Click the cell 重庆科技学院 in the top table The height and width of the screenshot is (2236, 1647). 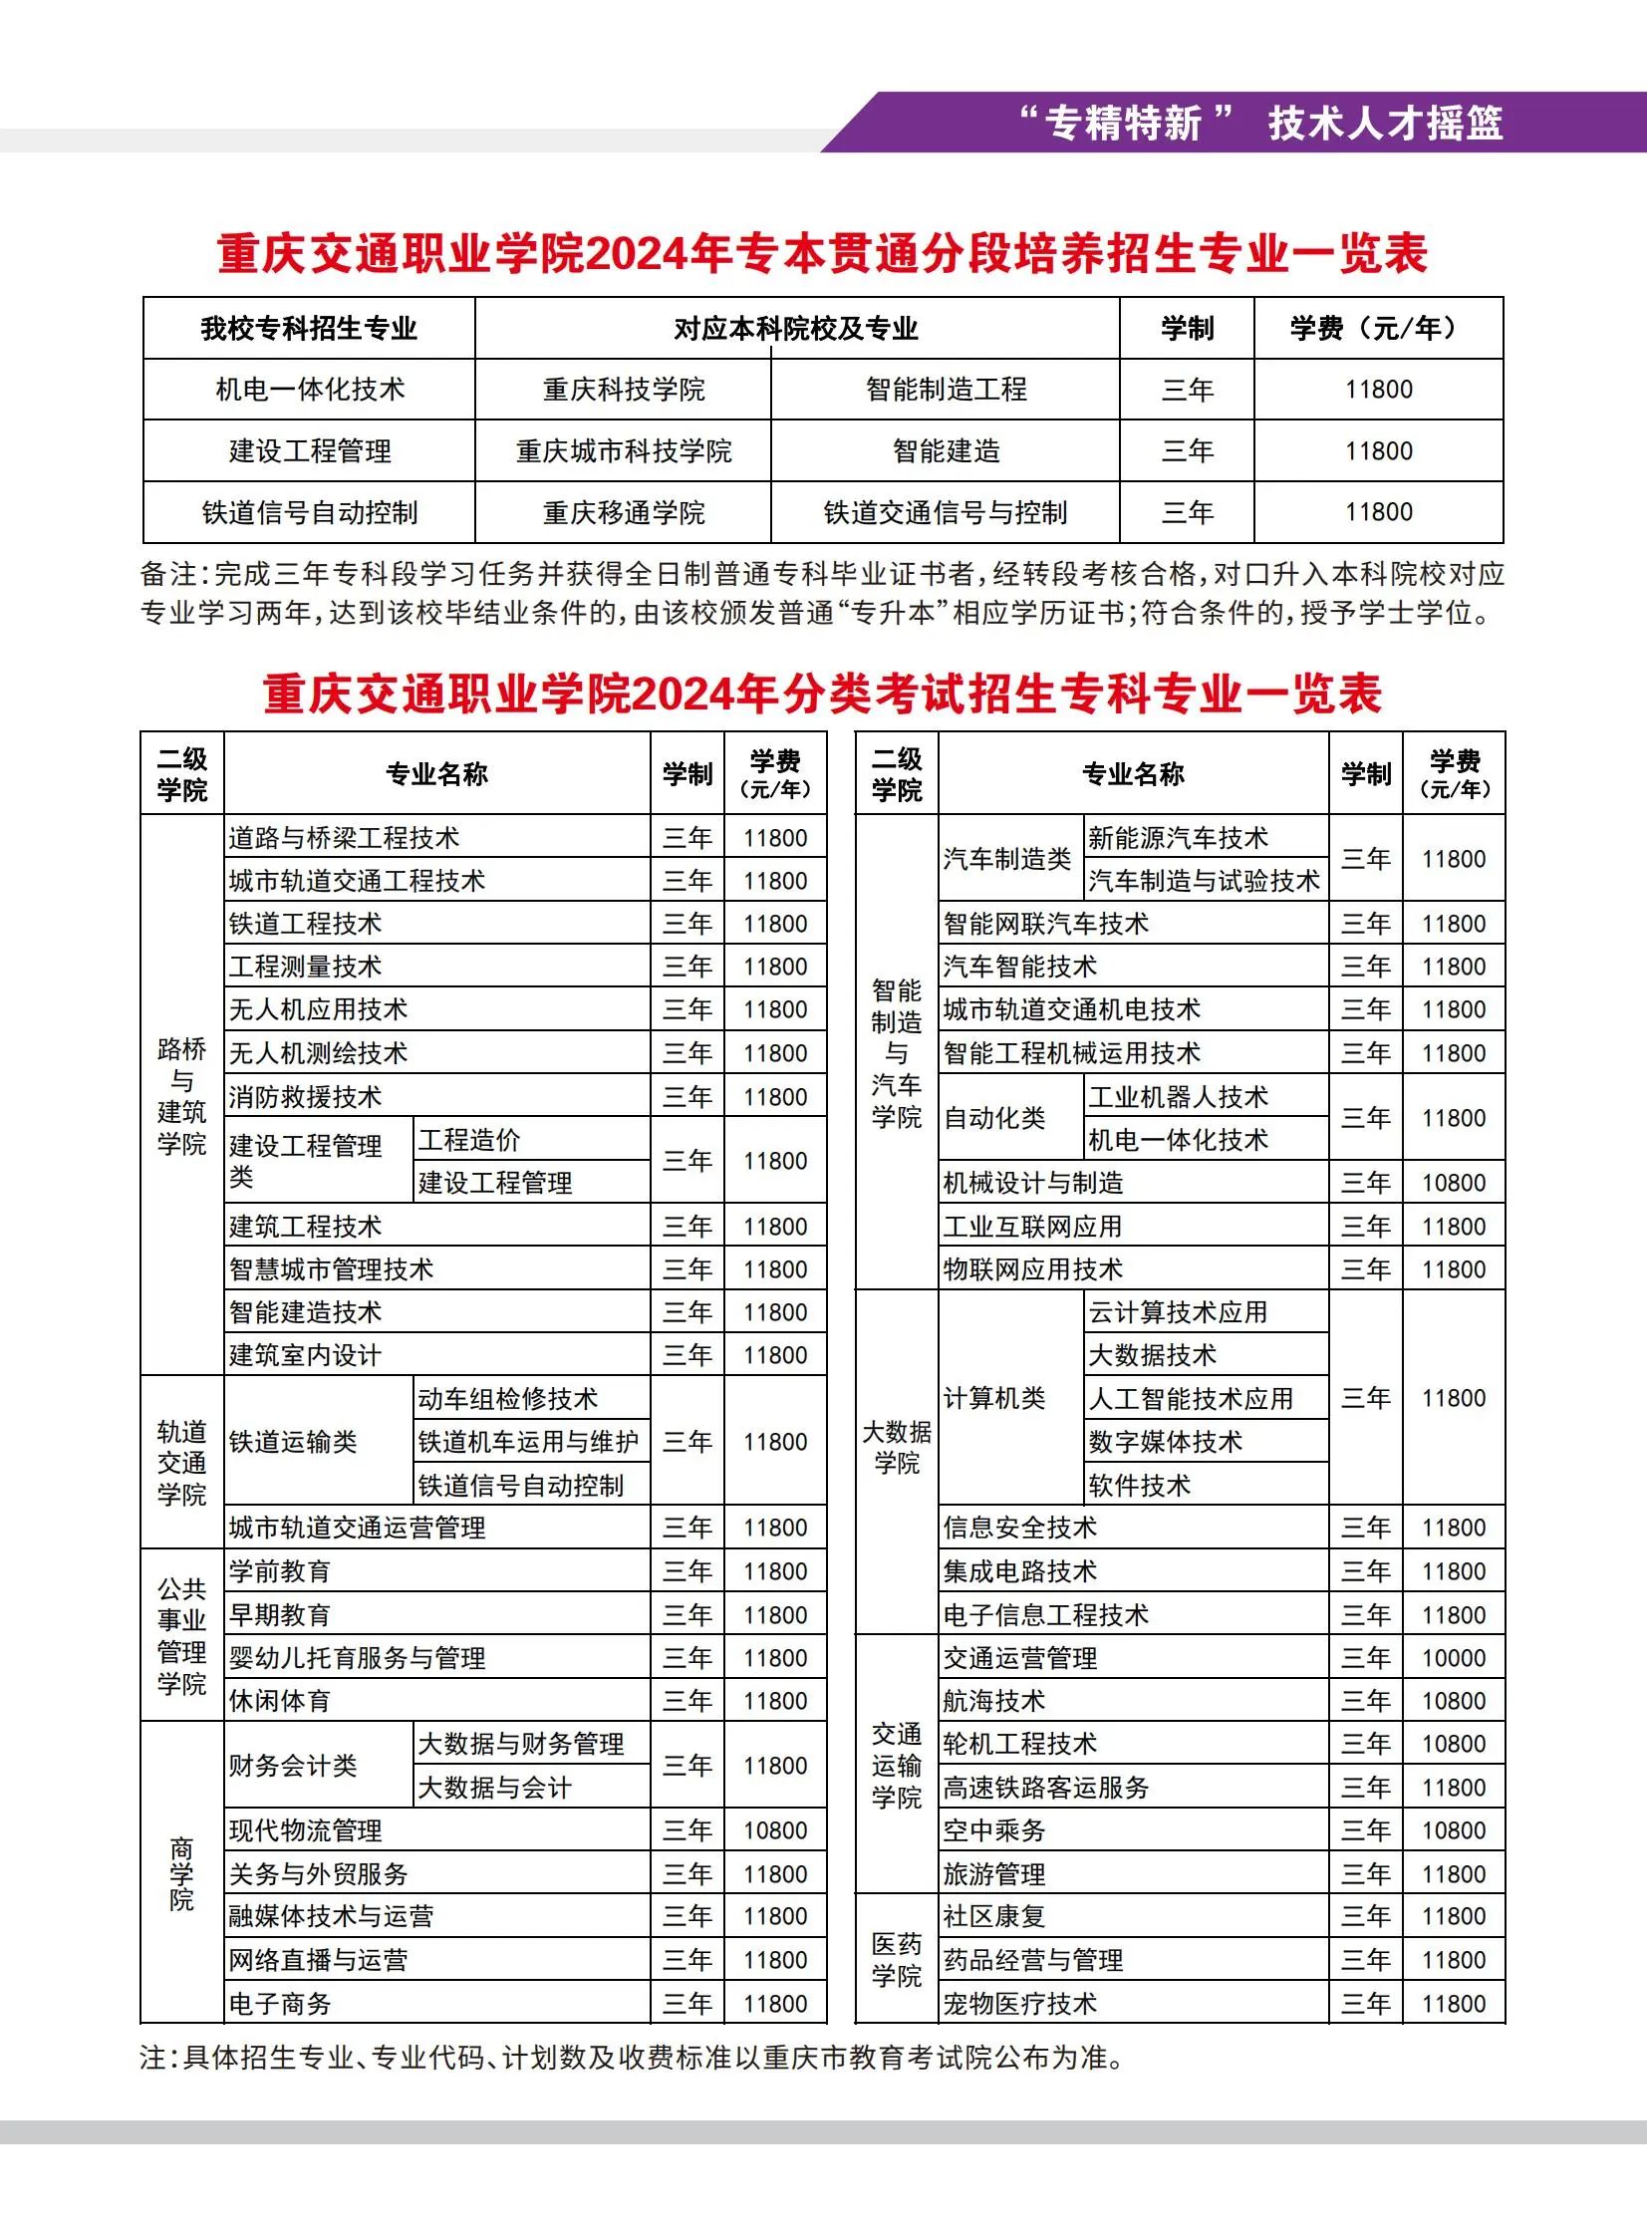(623, 390)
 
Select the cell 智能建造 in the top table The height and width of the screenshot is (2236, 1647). (946, 451)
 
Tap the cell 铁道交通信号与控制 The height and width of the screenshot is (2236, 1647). (946, 513)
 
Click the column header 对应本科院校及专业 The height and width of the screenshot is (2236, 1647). (795, 329)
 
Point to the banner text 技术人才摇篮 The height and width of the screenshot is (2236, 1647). (1385, 124)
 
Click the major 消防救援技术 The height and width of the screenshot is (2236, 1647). (305, 1096)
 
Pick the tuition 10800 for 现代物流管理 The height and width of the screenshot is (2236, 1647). (774, 1830)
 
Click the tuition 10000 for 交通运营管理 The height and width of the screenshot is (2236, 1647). (1453, 1658)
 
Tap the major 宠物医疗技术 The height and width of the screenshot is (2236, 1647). (1020, 2004)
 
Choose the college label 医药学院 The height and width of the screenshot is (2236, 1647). (897, 1960)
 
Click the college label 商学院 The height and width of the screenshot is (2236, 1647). (181, 1874)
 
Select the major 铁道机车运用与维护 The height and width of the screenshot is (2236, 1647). (528, 1442)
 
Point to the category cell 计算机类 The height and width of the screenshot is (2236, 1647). (994, 1398)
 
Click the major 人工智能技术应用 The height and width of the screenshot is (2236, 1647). (1191, 1399)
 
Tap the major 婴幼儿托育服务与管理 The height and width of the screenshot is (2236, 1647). (357, 1658)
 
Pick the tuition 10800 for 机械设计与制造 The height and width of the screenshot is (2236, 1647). (1453, 1184)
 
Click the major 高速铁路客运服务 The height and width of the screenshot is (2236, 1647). (1046, 1788)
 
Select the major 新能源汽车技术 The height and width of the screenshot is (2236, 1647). (1178, 837)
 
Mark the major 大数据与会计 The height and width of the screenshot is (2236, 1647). (494, 1788)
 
